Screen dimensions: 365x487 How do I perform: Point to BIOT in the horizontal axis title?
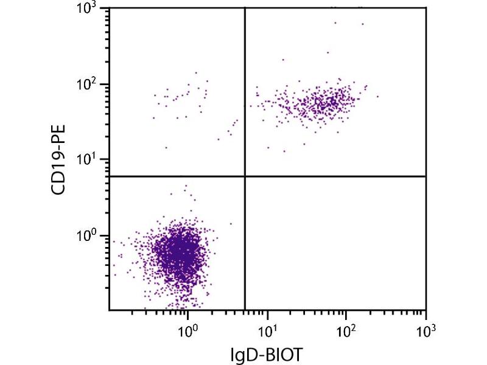(286, 352)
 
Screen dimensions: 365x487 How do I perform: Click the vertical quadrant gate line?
(245, 91)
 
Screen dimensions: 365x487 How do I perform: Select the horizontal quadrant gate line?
(335, 176)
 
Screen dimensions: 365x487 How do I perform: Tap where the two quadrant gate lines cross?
(245, 176)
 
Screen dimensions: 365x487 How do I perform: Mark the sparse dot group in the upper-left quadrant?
(183, 97)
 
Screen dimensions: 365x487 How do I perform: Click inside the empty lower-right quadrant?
(335, 243)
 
